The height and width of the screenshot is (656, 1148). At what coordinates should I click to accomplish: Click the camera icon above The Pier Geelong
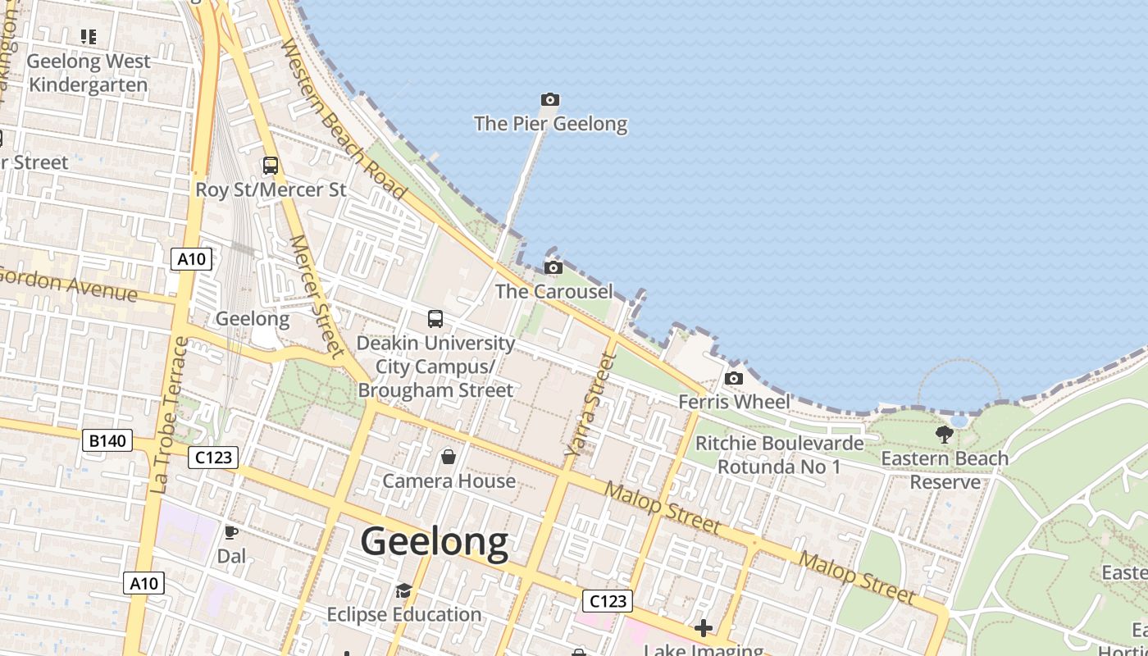point(550,100)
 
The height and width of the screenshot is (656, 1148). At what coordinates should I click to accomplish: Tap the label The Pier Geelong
point(550,124)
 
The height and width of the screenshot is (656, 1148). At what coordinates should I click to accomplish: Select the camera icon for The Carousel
point(553,267)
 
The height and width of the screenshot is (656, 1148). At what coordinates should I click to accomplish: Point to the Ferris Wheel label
point(734,402)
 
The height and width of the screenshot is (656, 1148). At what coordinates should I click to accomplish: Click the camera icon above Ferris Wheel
point(734,378)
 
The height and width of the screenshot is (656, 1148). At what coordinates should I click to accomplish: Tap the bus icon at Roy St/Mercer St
point(271,166)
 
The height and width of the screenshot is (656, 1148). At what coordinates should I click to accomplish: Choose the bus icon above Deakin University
point(435,319)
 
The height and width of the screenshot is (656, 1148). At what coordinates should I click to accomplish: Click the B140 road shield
point(107,441)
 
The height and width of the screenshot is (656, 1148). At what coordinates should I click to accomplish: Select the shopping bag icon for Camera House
point(449,457)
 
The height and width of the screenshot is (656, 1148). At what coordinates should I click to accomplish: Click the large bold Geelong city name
point(434,542)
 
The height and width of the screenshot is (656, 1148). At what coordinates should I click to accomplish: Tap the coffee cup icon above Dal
point(231,532)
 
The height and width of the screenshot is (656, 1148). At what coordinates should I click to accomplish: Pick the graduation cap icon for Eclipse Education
point(403,591)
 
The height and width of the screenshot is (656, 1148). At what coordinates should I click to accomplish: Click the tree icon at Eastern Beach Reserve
point(945,435)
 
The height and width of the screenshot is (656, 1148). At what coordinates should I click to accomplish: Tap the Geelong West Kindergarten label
point(89,73)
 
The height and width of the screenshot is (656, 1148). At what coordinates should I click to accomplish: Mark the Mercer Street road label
point(315,296)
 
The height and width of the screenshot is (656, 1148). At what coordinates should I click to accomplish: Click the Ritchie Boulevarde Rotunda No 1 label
point(779,455)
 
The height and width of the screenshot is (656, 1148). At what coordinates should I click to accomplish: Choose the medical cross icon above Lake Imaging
point(704,629)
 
